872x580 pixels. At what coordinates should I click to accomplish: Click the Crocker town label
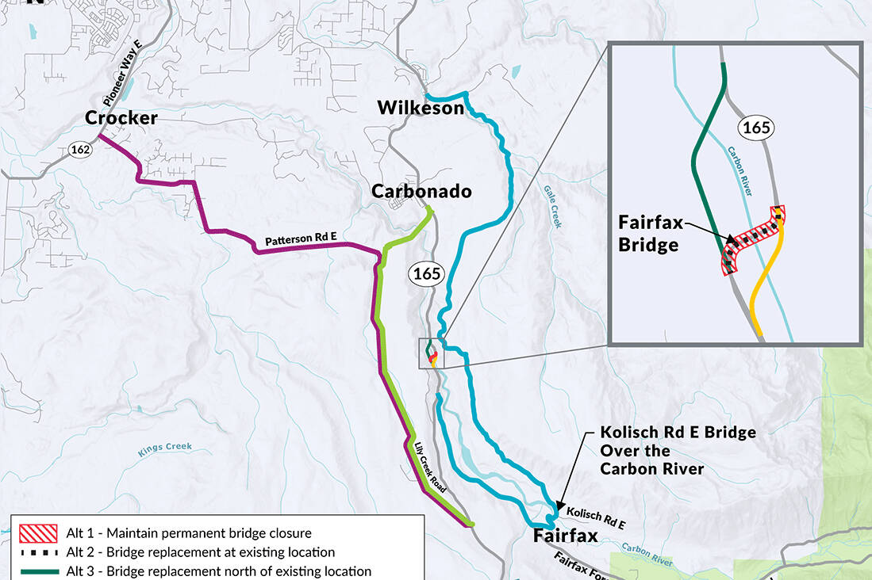(x=121, y=119)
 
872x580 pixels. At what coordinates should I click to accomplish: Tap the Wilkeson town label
(x=420, y=108)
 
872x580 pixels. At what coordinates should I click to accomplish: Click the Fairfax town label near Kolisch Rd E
(x=565, y=536)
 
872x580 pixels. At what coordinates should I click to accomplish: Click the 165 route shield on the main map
(x=426, y=274)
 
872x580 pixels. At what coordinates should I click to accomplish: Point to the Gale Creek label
(x=553, y=207)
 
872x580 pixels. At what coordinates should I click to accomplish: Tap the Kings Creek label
(x=165, y=447)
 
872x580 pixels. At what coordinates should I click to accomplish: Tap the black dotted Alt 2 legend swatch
(x=37, y=551)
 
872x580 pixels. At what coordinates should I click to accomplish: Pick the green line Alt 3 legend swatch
(x=37, y=571)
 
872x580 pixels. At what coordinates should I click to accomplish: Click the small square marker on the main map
(x=432, y=353)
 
